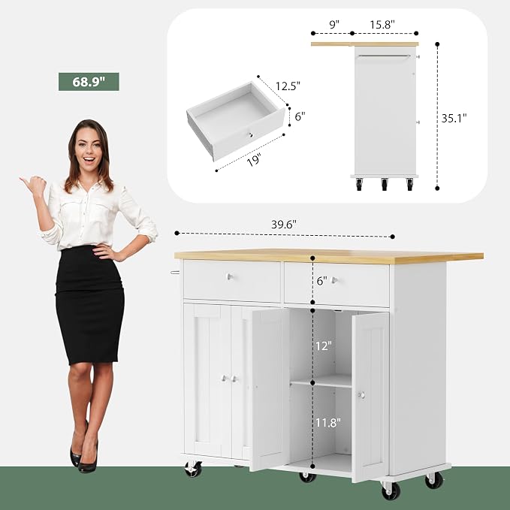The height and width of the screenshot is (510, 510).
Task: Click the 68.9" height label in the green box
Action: [x=89, y=82]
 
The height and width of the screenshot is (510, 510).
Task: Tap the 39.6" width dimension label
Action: [x=284, y=225]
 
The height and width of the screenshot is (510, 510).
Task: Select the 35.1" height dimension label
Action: [x=454, y=118]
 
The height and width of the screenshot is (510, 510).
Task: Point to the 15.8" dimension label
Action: [x=382, y=24]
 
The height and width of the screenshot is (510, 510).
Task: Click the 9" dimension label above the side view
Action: [x=334, y=24]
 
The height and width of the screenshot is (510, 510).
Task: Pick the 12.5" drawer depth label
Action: [x=288, y=86]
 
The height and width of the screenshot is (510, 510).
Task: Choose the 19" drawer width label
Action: [x=255, y=160]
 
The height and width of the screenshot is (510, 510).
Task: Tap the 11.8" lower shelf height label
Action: [x=327, y=423]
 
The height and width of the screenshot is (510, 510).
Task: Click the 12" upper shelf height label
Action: [x=324, y=346]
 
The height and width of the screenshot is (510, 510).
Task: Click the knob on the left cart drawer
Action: [x=230, y=277]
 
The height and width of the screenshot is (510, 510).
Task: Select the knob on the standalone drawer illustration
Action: [x=250, y=134]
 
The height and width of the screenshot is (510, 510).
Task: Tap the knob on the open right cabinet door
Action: [x=361, y=395]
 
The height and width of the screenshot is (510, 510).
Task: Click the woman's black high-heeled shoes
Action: [x=84, y=453]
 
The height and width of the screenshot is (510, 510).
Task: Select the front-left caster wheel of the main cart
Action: [x=193, y=469]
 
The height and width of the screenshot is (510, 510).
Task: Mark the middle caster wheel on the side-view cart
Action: [x=385, y=184]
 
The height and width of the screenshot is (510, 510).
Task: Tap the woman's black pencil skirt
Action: [x=89, y=305]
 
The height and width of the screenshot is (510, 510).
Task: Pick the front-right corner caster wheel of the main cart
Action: [x=391, y=490]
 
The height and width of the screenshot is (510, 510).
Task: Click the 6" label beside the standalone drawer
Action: [x=300, y=116]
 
